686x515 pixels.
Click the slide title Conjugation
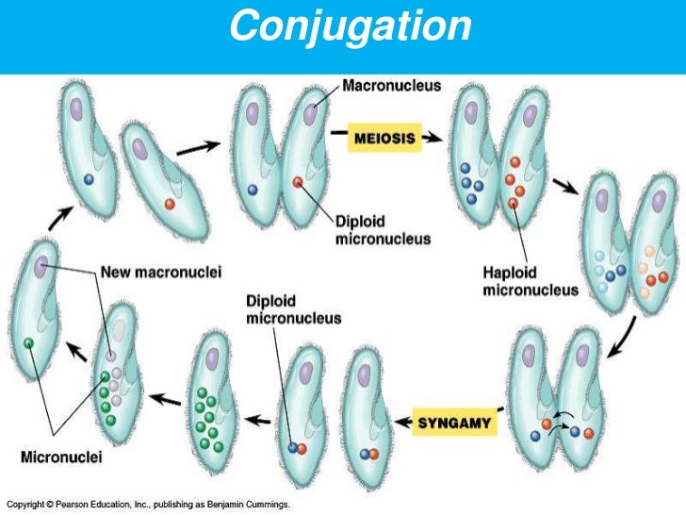tap(351, 27)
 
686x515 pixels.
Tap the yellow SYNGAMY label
tap(455, 422)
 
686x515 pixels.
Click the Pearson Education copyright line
tap(149, 506)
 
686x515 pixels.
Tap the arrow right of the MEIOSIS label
tap(433, 138)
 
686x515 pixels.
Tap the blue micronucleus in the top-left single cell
tap(90, 177)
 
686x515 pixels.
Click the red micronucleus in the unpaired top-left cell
tap(170, 203)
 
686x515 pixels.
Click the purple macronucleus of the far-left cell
tap(41, 268)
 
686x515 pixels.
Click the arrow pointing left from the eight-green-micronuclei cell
tap(166, 398)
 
